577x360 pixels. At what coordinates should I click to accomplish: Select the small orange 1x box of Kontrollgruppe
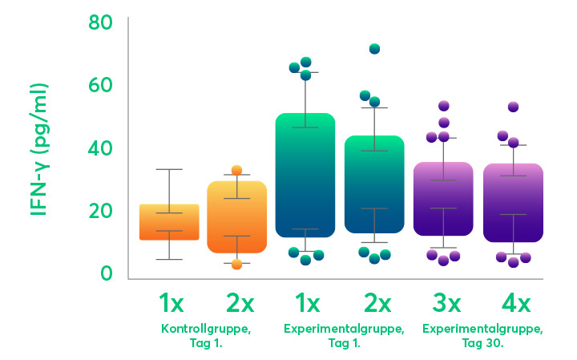coord(169,222)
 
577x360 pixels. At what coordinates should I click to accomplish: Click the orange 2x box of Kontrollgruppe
coord(236,217)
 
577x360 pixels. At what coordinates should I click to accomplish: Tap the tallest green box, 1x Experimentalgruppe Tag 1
coord(305,176)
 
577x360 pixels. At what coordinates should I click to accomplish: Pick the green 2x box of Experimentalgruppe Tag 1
coord(374,184)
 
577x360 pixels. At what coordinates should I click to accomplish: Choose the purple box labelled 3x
coord(443,199)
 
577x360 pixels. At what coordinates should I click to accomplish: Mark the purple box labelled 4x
coord(513,203)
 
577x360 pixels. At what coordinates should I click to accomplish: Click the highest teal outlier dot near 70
coord(374,49)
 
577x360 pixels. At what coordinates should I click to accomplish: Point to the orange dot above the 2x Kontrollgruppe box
coord(236,170)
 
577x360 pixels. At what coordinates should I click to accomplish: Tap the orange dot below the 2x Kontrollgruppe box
coord(236,265)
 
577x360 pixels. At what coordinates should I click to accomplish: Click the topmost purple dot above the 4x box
coord(513,107)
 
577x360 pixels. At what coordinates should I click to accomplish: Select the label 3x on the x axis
coord(443,304)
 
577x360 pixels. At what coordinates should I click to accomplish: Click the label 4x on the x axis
coord(513,304)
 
